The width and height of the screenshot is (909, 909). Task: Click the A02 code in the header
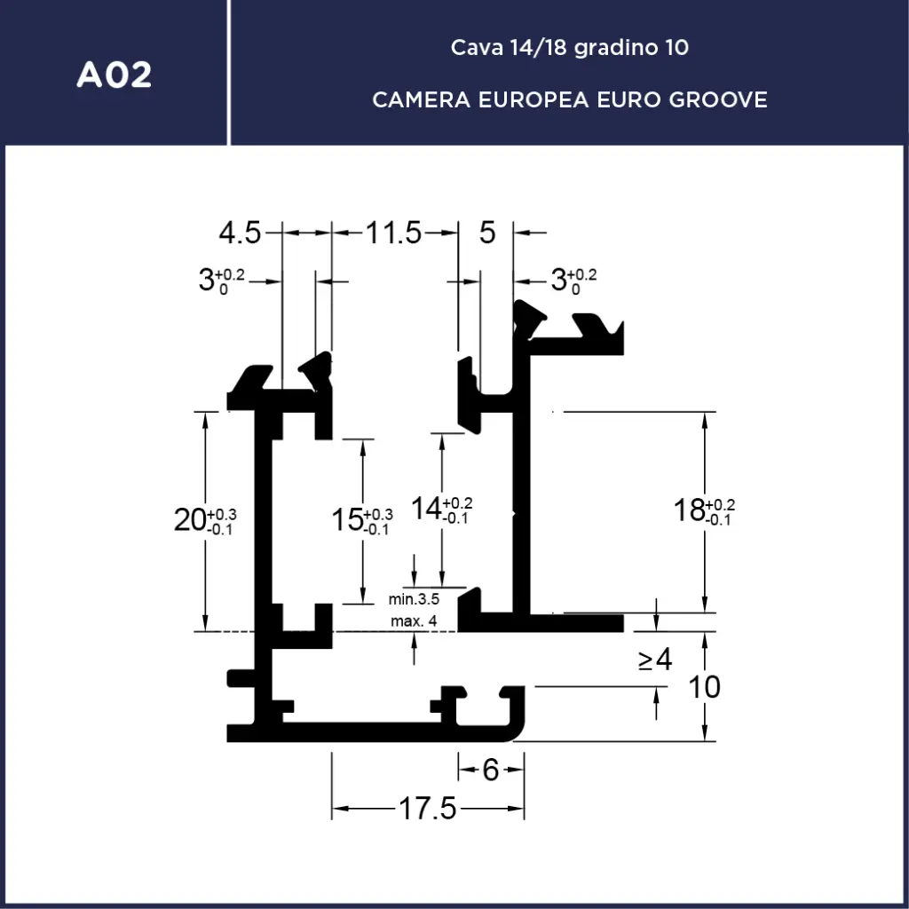click(x=114, y=75)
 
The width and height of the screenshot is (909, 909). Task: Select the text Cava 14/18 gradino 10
click(x=569, y=47)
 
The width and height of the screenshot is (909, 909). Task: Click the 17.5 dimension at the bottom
click(x=427, y=809)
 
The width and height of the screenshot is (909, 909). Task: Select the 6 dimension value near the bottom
click(x=491, y=770)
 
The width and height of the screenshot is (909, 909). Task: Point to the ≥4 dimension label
click(x=654, y=660)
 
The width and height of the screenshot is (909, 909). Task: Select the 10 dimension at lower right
click(x=705, y=687)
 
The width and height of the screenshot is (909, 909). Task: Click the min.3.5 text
click(x=414, y=600)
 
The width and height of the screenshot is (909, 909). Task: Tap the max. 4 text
click(x=414, y=620)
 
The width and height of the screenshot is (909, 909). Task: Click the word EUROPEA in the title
click(x=533, y=99)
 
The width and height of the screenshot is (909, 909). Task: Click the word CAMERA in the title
click(x=422, y=99)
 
